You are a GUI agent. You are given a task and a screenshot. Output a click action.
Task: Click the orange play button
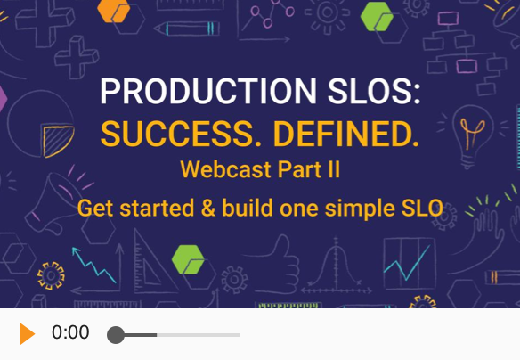click(27, 333)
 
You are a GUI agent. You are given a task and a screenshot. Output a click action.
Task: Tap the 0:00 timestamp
click(70, 332)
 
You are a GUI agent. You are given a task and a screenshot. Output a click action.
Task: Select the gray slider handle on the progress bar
click(116, 335)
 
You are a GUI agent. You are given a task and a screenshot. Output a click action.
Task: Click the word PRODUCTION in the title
click(208, 91)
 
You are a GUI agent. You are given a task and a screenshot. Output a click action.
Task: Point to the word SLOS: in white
click(374, 91)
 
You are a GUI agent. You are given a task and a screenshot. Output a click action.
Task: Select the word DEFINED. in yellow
click(346, 134)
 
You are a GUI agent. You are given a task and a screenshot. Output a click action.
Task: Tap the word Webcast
click(225, 169)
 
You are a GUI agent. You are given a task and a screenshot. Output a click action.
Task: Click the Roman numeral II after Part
click(332, 169)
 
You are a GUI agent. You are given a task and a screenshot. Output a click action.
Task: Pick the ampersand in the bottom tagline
click(208, 209)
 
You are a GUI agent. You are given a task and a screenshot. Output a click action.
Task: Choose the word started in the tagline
click(157, 209)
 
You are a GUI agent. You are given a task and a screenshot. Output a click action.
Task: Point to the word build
click(248, 208)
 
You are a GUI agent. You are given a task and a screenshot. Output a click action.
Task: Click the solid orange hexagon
click(113, 11)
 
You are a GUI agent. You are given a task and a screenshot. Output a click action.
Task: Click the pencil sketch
click(187, 29)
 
